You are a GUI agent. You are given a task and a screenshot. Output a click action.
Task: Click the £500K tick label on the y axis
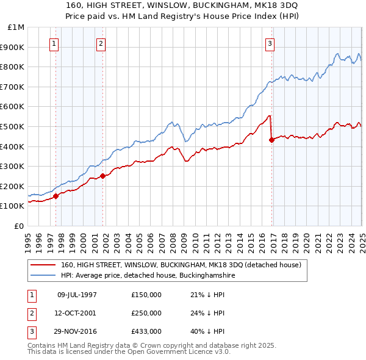click(13, 126)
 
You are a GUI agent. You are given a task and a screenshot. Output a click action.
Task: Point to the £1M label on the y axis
click(16, 27)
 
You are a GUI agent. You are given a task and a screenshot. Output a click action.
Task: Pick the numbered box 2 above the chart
click(101, 43)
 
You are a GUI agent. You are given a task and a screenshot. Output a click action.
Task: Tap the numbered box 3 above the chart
click(270, 43)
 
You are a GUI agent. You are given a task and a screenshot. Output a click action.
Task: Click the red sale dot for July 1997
click(56, 196)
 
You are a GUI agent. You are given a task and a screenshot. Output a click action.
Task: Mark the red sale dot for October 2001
click(103, 176)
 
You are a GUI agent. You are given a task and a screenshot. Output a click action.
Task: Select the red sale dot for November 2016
click(271, 140)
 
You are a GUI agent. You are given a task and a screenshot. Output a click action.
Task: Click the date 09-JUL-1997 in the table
click(77, 295)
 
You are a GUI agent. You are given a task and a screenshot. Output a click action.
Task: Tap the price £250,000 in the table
click(146, 313)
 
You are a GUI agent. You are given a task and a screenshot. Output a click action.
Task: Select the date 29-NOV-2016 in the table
click(77, 331)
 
